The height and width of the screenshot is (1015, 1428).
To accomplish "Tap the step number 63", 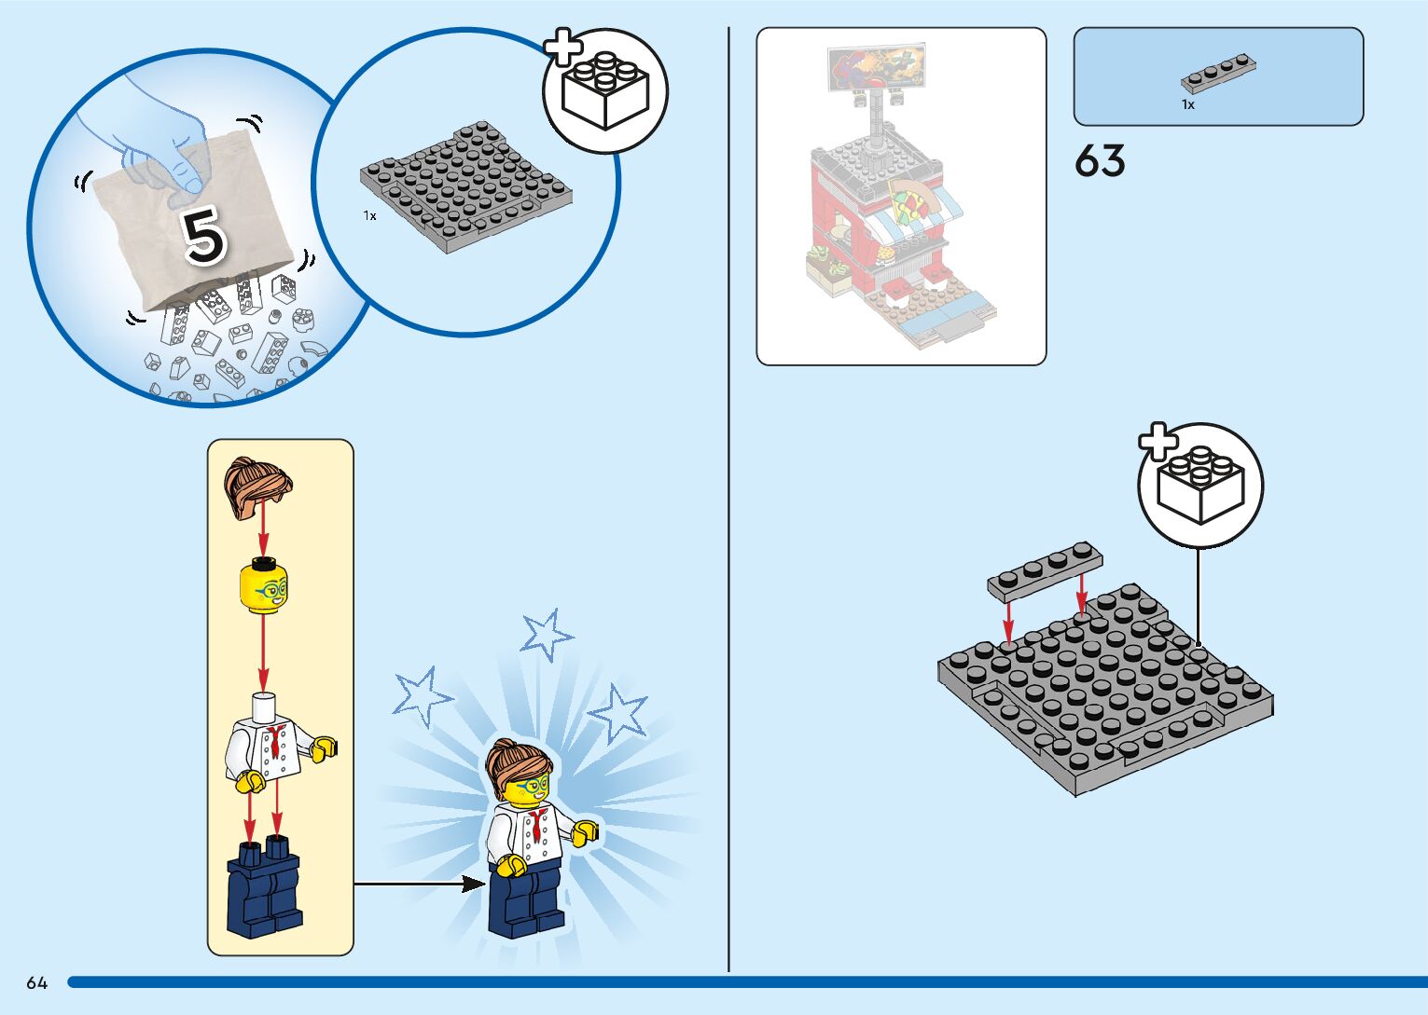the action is (1100, 161).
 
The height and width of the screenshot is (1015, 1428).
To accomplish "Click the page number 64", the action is (36, 982).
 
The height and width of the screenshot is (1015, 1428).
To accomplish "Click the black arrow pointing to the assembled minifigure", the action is (420, 883).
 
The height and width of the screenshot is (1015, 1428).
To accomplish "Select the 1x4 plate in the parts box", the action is (1218, 74).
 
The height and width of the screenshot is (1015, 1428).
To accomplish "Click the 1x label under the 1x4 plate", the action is (1187, 105).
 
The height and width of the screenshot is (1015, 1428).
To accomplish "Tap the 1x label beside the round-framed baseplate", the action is (370, 216).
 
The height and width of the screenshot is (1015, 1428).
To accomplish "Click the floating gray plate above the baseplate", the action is (1045, 568).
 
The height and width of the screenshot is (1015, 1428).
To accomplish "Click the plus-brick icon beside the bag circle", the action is (604, 89).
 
